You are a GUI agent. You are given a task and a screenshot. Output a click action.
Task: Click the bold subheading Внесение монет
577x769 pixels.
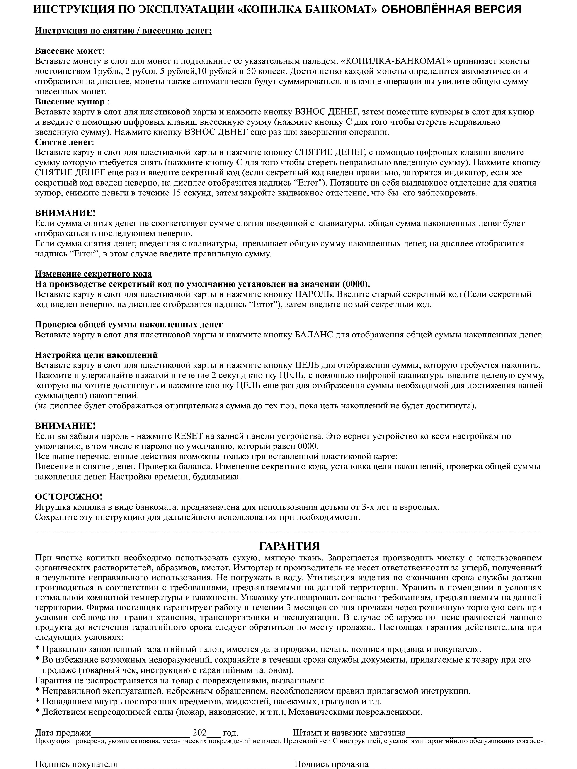coord(68,51)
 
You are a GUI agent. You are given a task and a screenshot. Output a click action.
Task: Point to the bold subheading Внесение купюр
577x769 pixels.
coord(70,102)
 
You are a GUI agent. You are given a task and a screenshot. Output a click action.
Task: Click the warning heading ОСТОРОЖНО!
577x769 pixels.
coord(68,497)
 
